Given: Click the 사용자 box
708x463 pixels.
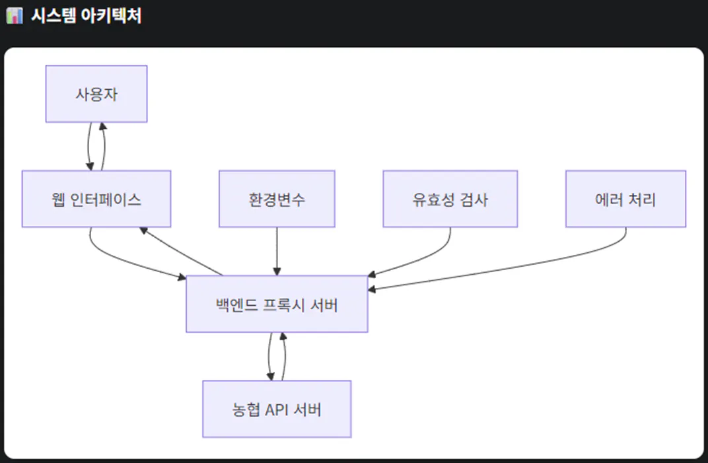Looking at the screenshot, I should (x=96, y=94).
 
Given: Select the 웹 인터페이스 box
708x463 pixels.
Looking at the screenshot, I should (x=96, y=199).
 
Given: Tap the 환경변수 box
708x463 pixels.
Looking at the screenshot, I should (x=277, y=199).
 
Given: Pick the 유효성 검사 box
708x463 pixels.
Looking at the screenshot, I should (x=450, y=199).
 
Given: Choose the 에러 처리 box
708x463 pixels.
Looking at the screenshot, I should (x=625, y=199).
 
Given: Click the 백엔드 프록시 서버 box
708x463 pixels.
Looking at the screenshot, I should (x=277, y=304).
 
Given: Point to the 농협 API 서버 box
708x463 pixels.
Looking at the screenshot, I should (x=277, y=409).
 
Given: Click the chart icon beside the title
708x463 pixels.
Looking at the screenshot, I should (x=14, y=16).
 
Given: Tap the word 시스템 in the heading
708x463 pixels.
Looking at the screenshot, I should (x=52, y=16).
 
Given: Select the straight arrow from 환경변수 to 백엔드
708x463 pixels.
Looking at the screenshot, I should (x=277, y=251).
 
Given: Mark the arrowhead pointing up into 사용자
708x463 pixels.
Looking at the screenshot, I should (x=102, y=126).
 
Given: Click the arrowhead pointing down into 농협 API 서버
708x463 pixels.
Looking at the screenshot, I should (x=271, y=376).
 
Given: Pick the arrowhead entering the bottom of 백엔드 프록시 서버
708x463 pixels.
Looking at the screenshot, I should (x=282, y=336).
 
